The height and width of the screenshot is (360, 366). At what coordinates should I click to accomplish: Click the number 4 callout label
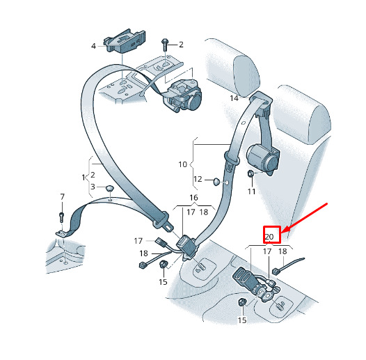point(93,46)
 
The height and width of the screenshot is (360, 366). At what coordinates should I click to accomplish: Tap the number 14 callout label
point(234,98)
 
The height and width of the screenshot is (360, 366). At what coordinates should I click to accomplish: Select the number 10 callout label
point(183,164)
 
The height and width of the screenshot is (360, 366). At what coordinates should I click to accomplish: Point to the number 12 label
point(198,179)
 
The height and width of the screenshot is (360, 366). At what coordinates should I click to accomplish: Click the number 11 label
point(251,191)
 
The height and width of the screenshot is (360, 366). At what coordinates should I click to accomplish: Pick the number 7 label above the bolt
point(62,197)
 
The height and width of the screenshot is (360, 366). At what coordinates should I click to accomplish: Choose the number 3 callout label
point(93,187)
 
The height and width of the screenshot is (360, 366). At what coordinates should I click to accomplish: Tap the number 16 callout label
point(193,198)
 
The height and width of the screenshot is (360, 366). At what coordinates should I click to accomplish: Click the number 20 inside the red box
point(269,237)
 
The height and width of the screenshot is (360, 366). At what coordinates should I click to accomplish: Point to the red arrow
point(305,218)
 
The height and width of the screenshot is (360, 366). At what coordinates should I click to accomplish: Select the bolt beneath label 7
point(62,217)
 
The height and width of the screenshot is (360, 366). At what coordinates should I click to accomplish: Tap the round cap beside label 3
point(109,189)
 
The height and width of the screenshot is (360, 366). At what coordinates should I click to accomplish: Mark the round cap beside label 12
point(216,182)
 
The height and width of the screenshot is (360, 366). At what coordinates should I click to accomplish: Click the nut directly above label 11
point(250,173)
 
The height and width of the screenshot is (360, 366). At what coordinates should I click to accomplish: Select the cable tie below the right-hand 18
point(289,266)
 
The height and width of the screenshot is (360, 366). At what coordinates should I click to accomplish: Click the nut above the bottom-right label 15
point(242,302)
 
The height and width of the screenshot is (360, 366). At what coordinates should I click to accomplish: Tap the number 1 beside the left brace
point(83,178)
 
